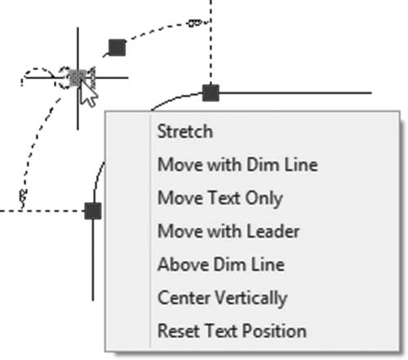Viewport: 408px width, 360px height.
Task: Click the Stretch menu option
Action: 185,131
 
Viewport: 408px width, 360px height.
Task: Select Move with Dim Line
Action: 237,165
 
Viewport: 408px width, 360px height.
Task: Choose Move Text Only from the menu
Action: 220,198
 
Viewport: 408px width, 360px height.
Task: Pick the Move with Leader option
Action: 228,232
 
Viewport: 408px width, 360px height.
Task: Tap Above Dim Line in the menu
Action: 221,264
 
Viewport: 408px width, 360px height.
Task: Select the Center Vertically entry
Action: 222,299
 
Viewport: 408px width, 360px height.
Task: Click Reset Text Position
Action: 232,331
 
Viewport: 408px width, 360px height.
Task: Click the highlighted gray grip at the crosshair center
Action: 78,78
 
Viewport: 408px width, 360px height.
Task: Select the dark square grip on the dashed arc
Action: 117,47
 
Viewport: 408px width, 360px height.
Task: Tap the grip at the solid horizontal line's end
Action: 211,93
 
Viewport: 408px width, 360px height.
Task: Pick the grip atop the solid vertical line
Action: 93,211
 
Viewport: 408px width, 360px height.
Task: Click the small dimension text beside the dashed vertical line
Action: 195,23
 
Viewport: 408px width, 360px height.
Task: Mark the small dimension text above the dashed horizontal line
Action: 24,198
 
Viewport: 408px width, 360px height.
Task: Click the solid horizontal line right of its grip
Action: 295,93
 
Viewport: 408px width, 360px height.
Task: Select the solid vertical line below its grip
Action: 93,260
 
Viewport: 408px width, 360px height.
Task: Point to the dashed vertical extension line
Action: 211,42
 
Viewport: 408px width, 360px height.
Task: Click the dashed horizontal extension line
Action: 42,211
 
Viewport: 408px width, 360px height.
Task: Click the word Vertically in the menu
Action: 251,299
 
